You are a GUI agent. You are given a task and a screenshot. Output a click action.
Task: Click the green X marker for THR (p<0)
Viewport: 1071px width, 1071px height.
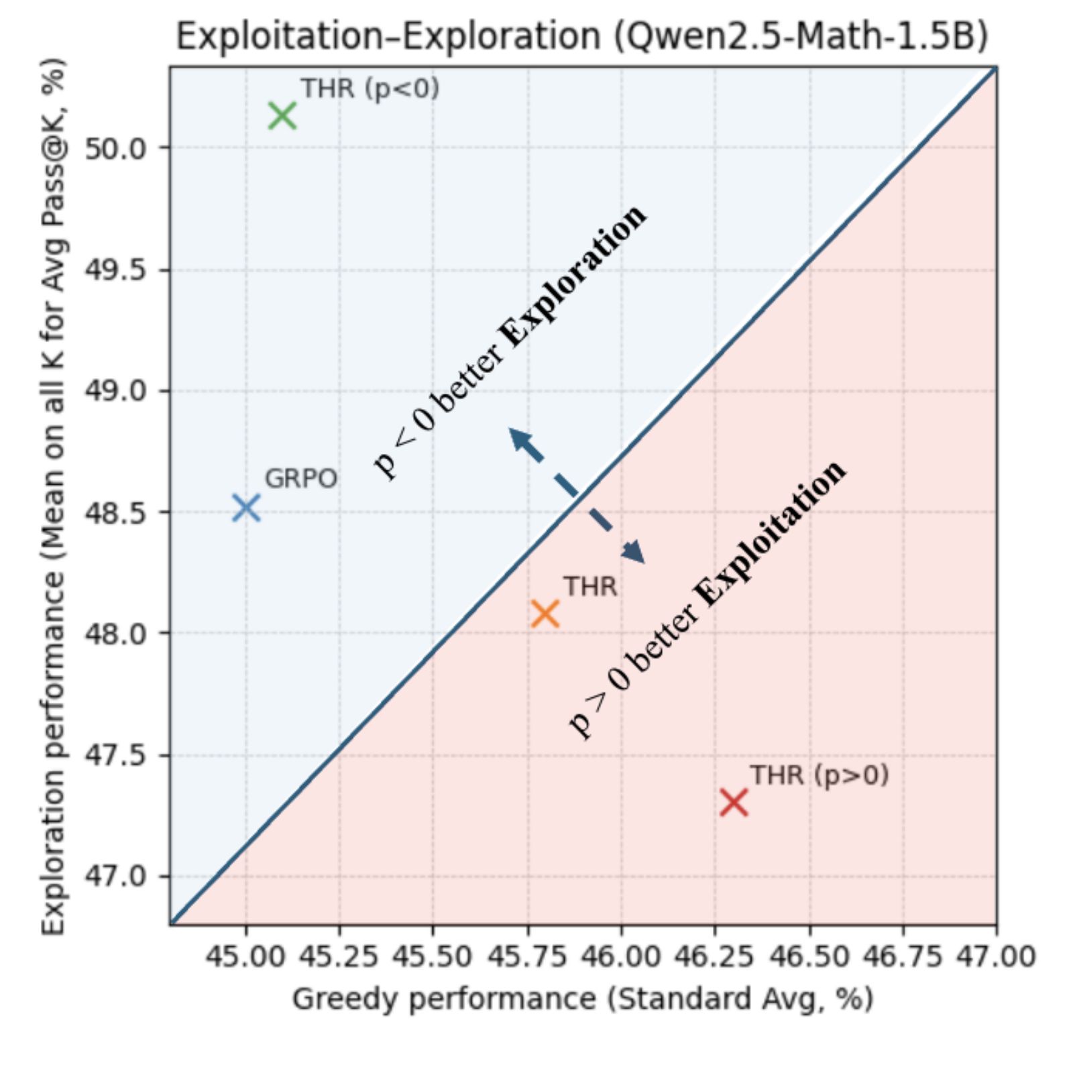click(x=282, y=116)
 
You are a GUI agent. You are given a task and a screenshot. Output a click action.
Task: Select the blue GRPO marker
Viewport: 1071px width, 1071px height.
click(x=246, y=508)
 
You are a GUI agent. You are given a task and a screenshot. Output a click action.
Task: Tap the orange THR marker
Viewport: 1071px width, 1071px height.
click(x=545, y=613)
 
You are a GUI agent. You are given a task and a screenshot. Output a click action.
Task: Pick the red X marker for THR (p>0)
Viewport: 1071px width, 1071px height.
click(x=734, y=802)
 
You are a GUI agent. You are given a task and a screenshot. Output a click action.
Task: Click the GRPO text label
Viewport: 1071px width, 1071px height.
click(x=300, y=479)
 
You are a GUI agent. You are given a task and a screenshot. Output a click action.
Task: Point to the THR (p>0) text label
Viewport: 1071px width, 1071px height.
click(x=819, y=775)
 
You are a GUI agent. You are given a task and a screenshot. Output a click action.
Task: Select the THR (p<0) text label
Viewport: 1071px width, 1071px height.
click(x=370, y=89)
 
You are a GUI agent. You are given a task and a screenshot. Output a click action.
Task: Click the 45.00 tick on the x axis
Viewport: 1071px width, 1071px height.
click(x=245, y=956)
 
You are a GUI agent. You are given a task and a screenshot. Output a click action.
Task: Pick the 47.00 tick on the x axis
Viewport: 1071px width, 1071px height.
click(x=996, y=956)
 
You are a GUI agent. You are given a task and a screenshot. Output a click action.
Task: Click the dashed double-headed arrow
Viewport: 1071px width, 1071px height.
click(x=577, y=496)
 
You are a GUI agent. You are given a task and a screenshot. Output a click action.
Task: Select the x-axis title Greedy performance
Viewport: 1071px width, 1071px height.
click(x=582, y=999)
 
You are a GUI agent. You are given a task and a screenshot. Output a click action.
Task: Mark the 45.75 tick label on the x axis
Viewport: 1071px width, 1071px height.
click(x=527, y=956)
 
